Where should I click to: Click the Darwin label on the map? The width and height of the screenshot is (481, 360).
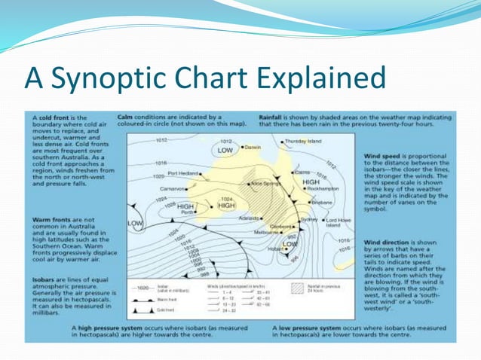[253, 148]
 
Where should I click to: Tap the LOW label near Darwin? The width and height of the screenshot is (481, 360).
[225, 151]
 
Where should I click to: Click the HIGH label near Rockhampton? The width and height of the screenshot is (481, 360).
[310, 182]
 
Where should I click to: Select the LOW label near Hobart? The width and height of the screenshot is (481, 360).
[290, 244]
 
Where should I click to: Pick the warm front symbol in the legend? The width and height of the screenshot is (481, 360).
[147, 299]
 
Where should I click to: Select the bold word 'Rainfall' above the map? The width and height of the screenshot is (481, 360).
[271, 118]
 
